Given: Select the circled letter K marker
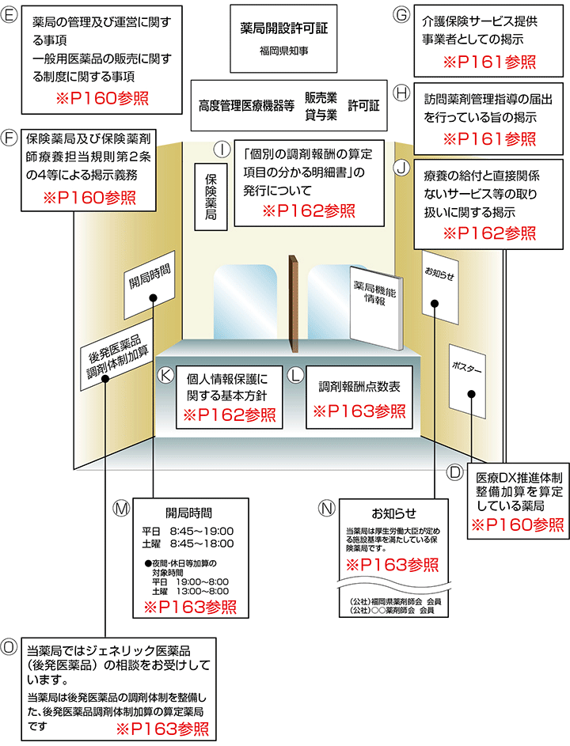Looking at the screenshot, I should [x=165, y=375].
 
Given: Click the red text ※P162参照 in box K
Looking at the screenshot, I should [x=230, y=415].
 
